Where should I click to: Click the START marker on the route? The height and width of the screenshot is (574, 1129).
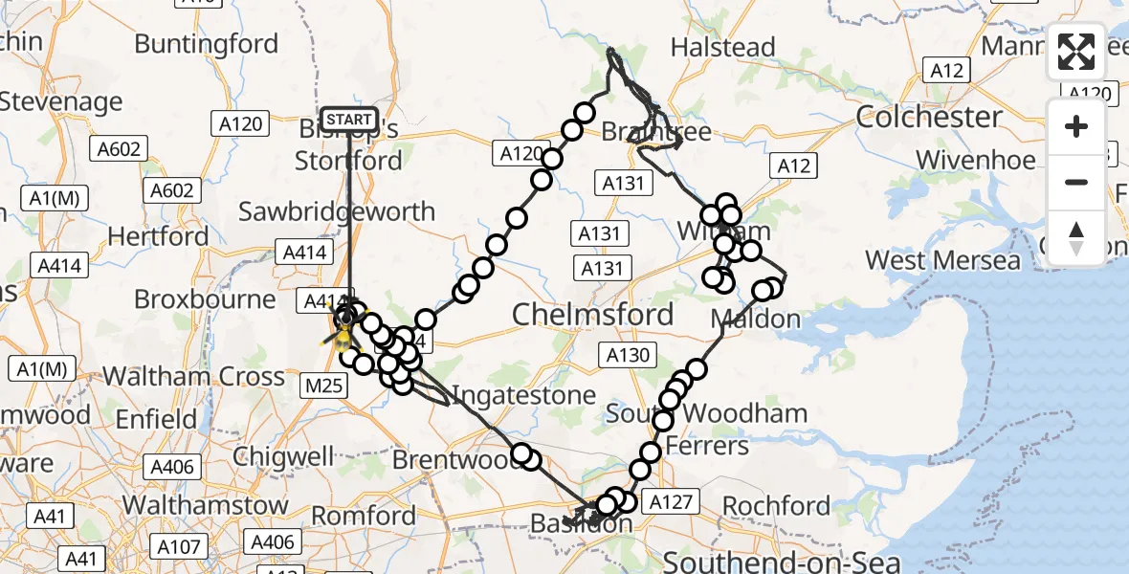(348, 120)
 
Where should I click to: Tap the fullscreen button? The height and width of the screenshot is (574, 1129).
(1076, 53)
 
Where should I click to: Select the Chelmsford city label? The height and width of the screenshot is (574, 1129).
(592, 314)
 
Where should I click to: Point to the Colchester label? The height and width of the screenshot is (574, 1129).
(929, 118)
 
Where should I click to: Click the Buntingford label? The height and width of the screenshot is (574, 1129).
(207, 44)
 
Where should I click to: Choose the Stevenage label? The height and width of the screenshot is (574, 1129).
(61, 101)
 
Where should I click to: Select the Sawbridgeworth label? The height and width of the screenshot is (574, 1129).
(337, 211)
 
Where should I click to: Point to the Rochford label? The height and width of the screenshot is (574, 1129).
(776, 505)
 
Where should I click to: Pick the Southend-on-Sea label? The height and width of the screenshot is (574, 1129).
(782, 562)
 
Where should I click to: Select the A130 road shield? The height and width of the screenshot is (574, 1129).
(628, 356)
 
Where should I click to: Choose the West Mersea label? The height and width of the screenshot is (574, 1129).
(942, 260)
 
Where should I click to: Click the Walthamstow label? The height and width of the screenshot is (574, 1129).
(206, 504)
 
